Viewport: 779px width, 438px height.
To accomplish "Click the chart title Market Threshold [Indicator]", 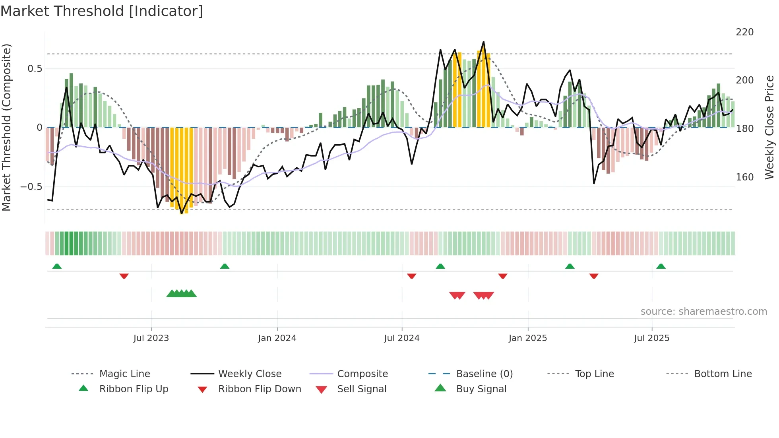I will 102,11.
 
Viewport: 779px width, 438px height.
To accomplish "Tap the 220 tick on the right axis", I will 744,32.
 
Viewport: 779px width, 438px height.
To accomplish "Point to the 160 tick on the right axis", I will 744,177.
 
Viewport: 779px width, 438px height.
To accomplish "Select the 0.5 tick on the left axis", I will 35,69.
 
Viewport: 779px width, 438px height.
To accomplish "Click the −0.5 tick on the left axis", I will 31,187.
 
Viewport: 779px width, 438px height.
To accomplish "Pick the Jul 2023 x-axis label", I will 151,338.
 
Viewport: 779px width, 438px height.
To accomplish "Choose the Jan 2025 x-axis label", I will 527,338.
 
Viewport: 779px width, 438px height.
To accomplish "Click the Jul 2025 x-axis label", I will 651,338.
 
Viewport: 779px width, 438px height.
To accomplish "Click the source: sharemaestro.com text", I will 703,312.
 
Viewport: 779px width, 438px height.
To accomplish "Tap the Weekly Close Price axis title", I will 769,127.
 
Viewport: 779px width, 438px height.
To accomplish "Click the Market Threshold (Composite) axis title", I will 6,127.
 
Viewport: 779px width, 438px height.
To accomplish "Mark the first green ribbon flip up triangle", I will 57,266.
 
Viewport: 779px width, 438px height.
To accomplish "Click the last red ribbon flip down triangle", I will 594,276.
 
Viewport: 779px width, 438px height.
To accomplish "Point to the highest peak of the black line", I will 483,42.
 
